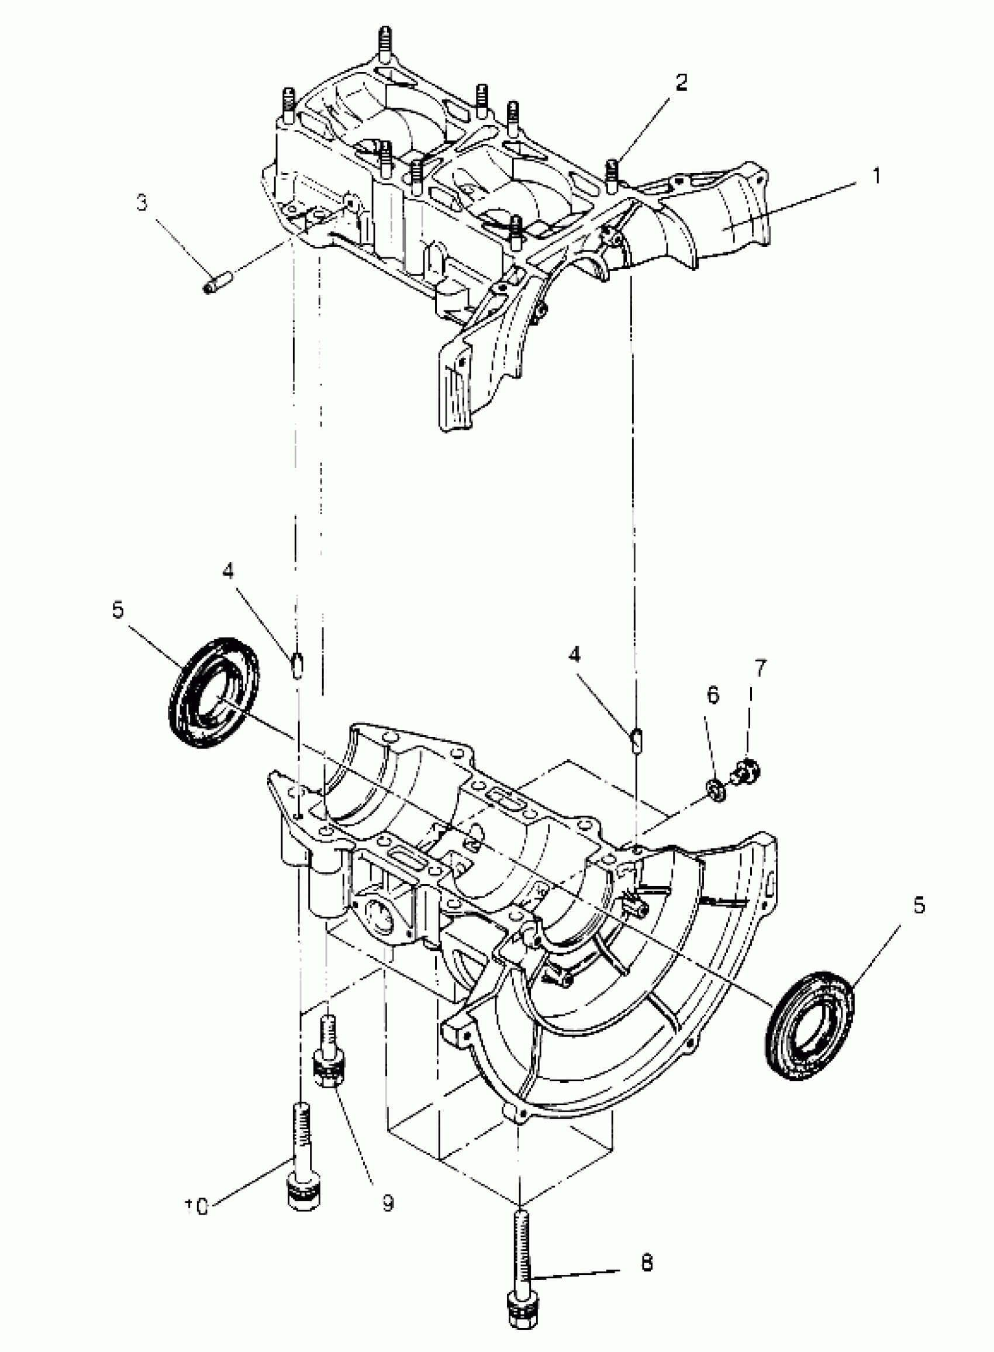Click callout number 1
pos(876,176)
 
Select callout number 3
pos(141,204)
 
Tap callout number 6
pos(712,695)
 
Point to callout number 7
pos(761,668)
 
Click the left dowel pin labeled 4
pos(297,665)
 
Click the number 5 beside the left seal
pos(118,609)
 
